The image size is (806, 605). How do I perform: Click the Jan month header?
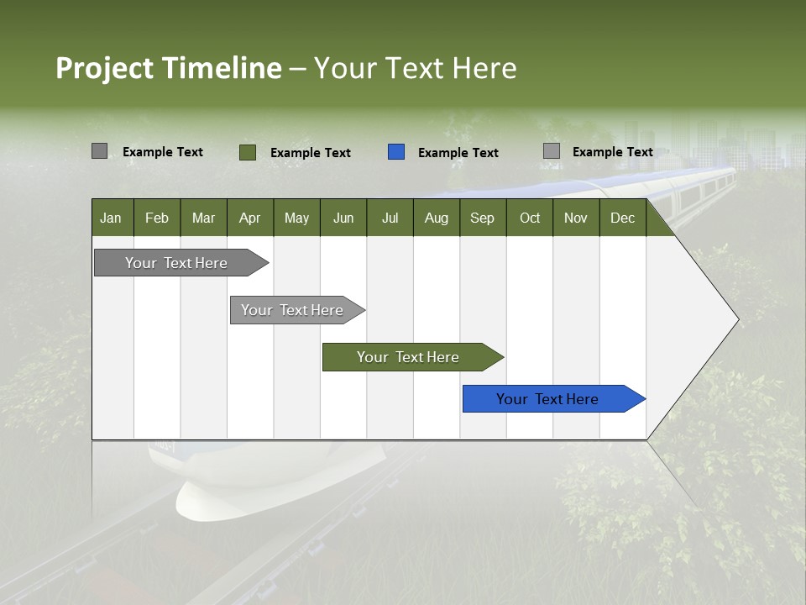111,218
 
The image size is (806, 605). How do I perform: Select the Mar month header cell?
203,218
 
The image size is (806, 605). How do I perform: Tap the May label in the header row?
296,218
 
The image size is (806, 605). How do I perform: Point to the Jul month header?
390,218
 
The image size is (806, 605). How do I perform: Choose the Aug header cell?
436,218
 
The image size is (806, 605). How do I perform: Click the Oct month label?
530,218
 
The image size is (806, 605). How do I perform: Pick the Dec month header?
622,218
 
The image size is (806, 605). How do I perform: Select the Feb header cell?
157,218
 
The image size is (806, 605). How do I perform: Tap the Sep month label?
482,218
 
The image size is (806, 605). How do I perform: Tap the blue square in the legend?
396,152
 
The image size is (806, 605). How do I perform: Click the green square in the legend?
248,152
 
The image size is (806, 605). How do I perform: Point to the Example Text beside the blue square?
458,153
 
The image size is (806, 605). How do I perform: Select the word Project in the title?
104,68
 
